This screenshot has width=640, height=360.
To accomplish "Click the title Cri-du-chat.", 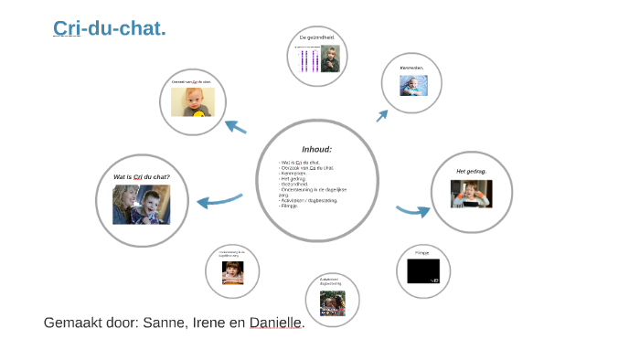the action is (109, 29).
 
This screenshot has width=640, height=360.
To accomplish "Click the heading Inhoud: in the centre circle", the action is (316, 149).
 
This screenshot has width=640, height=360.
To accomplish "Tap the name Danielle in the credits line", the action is (275, 323).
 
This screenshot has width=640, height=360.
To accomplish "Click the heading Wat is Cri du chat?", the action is (142, 176).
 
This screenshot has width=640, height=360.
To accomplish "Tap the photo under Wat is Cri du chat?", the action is (142, 206).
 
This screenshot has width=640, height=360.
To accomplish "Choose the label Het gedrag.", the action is (471, 171).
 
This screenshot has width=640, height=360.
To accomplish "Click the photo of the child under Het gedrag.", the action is (471, 194).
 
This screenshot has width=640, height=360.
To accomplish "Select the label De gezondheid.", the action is (316, 37).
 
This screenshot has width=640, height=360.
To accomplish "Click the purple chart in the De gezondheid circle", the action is (308, 59).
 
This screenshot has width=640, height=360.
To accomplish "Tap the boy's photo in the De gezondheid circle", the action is (330, 59).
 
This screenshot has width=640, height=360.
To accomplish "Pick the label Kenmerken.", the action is (411, 68).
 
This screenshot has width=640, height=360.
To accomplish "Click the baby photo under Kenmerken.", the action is (412, 85).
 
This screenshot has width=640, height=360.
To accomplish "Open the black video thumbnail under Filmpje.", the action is (422, 270).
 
